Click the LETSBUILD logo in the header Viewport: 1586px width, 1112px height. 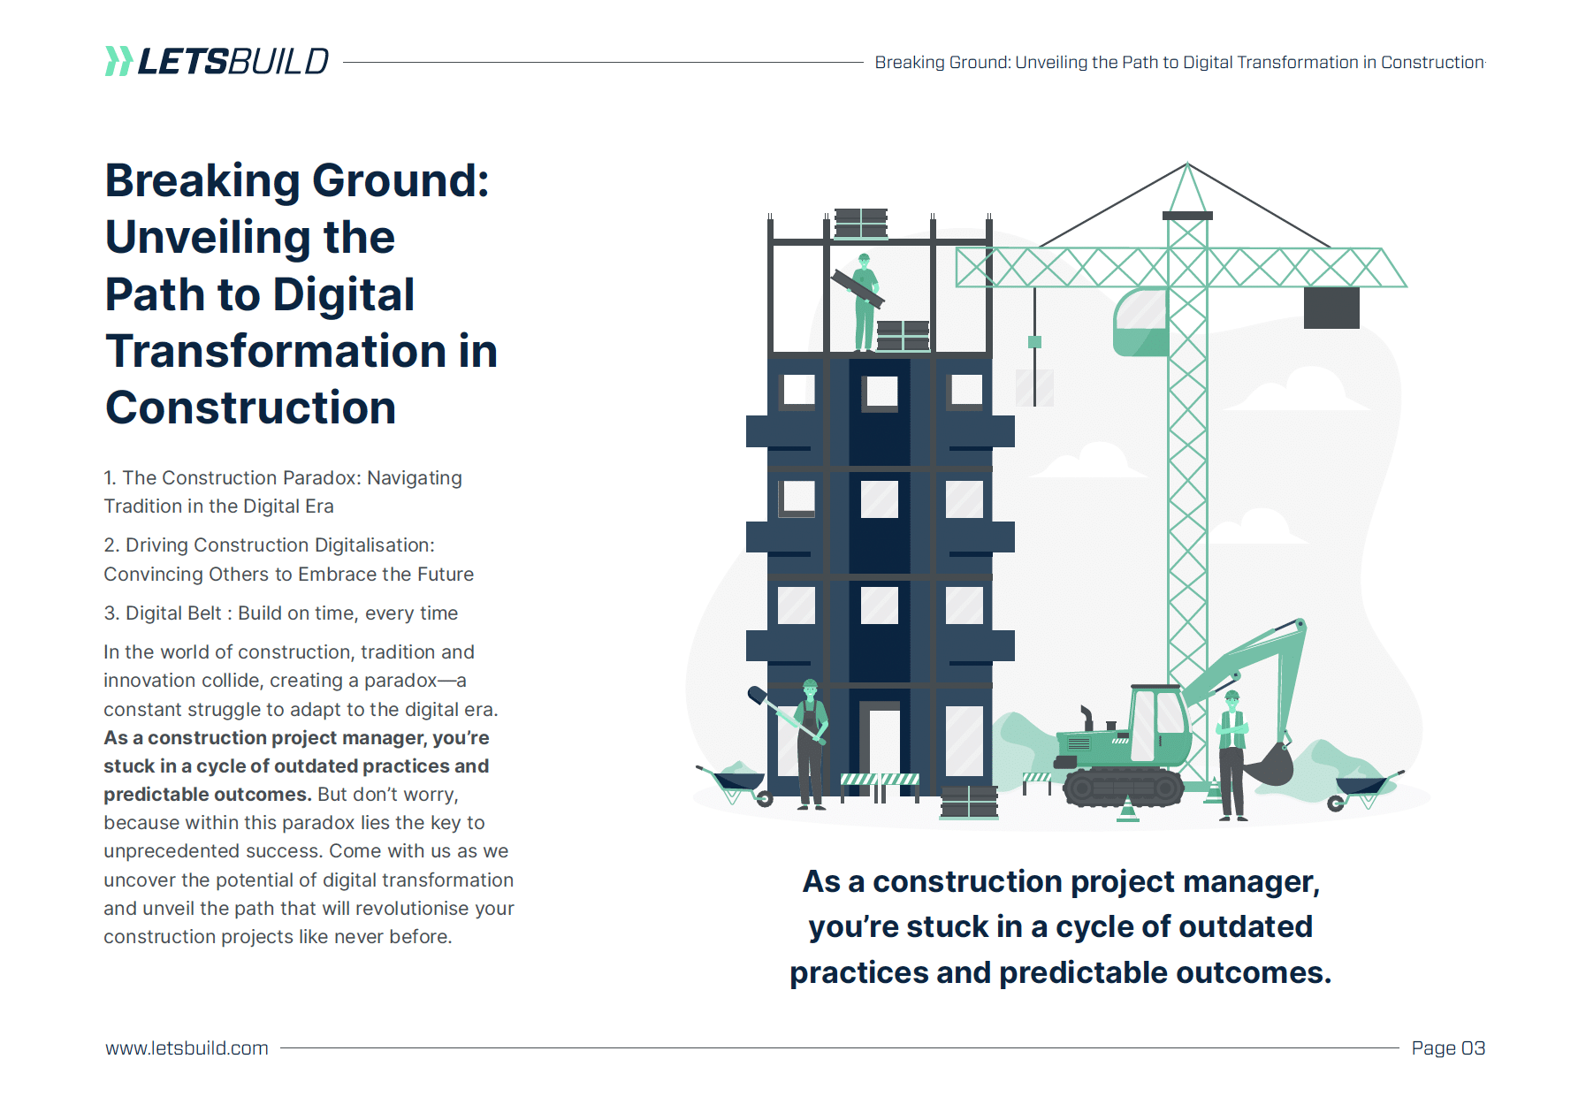217,61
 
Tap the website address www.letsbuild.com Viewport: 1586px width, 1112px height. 187,1047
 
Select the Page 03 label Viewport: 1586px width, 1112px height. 1448,1047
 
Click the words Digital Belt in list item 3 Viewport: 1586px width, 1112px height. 173,613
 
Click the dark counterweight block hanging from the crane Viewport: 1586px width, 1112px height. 1331,308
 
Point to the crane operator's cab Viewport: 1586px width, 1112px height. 1140,323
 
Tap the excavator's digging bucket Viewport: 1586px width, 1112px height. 1269,765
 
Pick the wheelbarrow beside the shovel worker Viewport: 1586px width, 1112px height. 736,783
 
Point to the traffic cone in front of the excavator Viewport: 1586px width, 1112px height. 1128,810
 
